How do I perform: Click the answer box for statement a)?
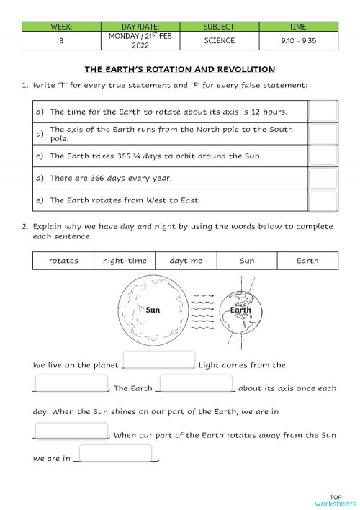point(323,110)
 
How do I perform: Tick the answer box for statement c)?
point(323,156)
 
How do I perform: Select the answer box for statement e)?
point(323,200)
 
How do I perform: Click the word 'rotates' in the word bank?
point(63,260)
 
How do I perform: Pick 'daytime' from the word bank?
point(186,260)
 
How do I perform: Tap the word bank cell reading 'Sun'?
point(247,260)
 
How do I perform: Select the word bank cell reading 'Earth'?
point(307,260)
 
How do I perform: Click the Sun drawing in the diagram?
point(153,310)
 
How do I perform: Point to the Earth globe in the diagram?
point(240,310)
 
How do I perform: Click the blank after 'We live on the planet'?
point(159,360)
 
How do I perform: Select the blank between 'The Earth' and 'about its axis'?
point(196,383)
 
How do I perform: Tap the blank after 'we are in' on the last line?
point(115,454)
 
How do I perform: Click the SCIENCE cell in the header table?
point(219,41)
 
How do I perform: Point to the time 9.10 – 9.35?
point(299,41)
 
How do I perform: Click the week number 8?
point(61,41)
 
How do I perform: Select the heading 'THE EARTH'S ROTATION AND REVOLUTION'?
point(180,70)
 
